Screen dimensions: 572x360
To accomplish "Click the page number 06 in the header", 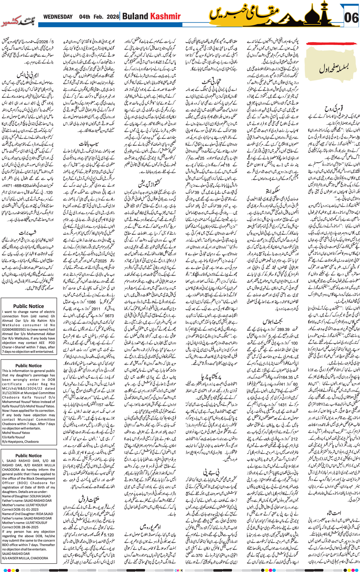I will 351,18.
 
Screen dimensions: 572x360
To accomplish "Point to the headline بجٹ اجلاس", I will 272,321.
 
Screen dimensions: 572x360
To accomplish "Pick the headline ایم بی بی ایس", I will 28,75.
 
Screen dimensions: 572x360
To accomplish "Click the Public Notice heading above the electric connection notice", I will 28,306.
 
